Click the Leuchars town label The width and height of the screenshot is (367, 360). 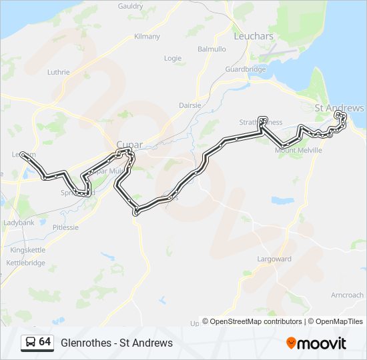pos(254,36)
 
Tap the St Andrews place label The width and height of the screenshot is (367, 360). pos(339,108)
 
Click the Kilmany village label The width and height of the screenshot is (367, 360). pos(147,36)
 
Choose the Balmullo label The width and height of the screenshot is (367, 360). pos(212,49)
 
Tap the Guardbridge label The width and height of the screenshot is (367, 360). pos(246,69)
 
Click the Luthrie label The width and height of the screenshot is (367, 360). pos(59,71)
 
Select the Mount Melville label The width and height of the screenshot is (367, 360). pos(298,151)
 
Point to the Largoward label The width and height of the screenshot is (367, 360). pos(274,258)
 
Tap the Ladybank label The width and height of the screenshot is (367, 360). pos(19,222)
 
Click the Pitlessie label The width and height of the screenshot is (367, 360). pos(65,227)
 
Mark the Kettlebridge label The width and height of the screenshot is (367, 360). pos(26,263)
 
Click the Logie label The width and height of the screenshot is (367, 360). pos(172,58)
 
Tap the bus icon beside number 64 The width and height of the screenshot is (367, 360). pos(30,343)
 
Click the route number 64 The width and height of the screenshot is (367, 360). pos(45,342)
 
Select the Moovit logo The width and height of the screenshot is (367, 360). pos(316,343)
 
